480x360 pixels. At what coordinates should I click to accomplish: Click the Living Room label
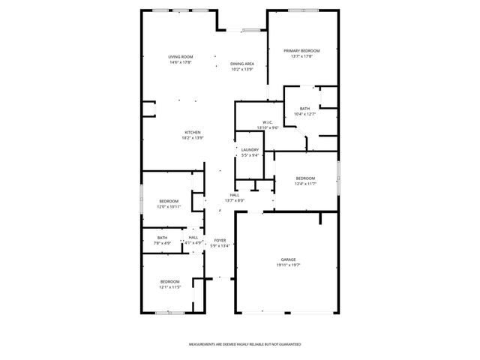pos(180,57)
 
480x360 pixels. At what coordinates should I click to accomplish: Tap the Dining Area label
pos(241,64)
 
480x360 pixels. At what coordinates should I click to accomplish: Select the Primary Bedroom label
pos(297,51)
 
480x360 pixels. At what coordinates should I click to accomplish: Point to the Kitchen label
pos(193,133)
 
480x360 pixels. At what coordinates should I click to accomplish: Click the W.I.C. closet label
pos(268,122)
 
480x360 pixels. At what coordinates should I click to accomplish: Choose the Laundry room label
pos(250,150)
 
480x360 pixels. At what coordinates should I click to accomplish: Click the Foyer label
pos(220,240)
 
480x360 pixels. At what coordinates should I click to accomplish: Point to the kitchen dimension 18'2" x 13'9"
pos(193,138)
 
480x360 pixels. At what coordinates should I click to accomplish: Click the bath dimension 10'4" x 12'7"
pos(304,114)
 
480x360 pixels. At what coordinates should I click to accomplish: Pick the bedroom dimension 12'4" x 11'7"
pos(304,183)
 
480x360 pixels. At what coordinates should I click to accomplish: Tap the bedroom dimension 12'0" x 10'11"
pos(169,206)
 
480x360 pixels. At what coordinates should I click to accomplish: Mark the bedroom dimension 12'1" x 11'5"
pos(169,286)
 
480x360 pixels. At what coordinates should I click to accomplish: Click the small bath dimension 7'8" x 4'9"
pos(163,243)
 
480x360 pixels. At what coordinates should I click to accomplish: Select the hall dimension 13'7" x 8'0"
pos(235,200)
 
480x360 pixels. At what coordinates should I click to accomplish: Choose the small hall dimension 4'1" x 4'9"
pos(193,242)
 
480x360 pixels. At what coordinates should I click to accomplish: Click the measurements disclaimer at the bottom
pos(244,343)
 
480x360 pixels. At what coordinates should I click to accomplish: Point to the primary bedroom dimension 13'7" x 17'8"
pos(297,56)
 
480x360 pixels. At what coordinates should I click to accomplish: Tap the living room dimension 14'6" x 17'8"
pos(180,62)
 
